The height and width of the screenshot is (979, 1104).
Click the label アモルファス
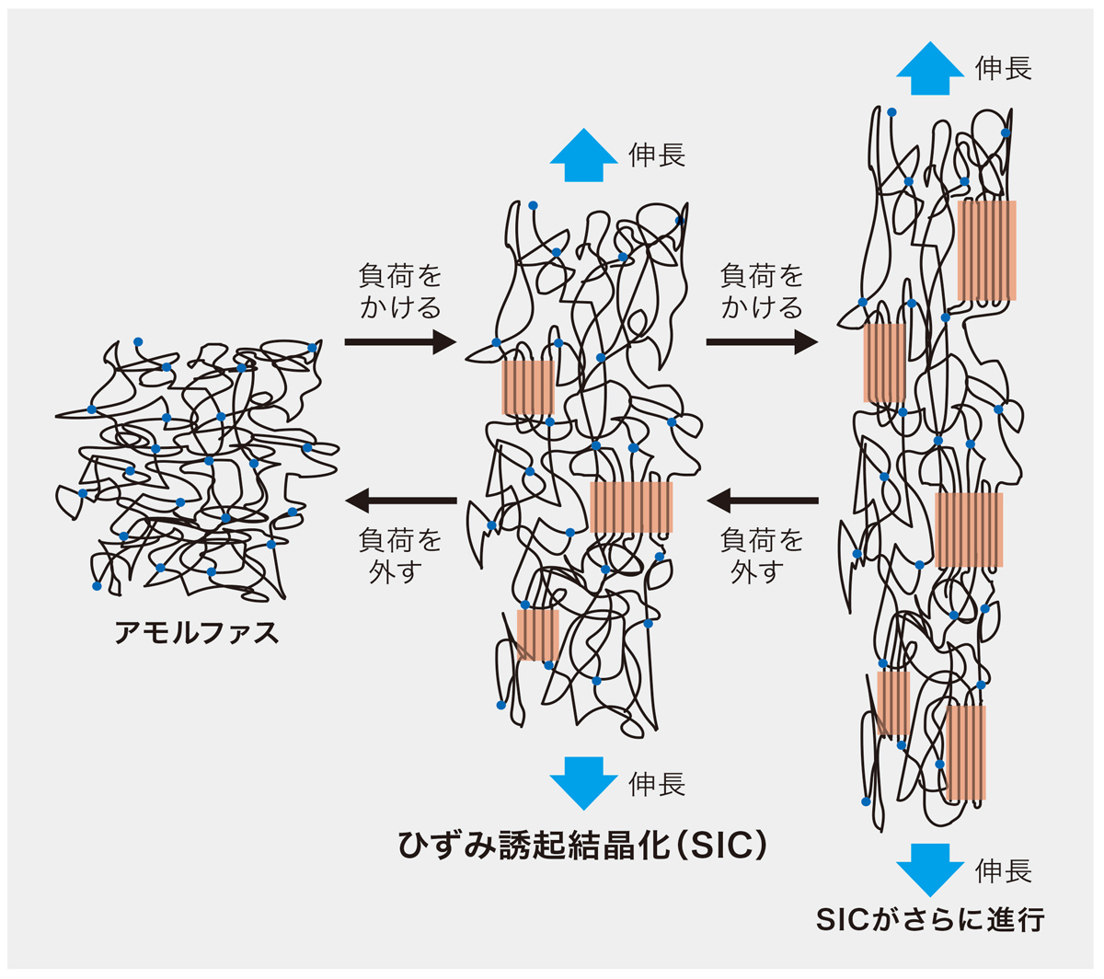click(x=197, y=633)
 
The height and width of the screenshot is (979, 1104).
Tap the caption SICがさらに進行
click(x=930, y=920)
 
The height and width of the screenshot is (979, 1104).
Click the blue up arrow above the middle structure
click(x=583, y=157)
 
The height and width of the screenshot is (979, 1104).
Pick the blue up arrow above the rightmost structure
click(x=930, y=68)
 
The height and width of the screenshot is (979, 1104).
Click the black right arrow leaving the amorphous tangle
click(x=400, y=342)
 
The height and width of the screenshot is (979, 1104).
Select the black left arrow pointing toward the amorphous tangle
click(x=400, y=501)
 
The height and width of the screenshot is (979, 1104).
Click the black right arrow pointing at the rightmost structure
click(x=762, y=342)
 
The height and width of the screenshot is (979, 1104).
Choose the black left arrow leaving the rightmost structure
click(x=762, y=501)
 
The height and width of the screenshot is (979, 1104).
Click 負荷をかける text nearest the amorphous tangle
click(x=400, y=291)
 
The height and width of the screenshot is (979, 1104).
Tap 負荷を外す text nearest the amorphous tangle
click(x=400, y=555)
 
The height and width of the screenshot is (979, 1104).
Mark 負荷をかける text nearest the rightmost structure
click(x=762, y=291)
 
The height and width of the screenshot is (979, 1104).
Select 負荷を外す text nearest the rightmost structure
click(x=762, y=555)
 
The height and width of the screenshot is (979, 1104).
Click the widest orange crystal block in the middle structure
click(x=631, y=507)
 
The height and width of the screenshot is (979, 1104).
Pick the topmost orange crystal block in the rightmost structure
click(x=987, y=250)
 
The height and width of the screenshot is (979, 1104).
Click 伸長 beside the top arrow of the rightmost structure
click(x=1004, y=68)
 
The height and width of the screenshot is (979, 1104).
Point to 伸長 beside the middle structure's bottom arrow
click(x=657, y=785)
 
